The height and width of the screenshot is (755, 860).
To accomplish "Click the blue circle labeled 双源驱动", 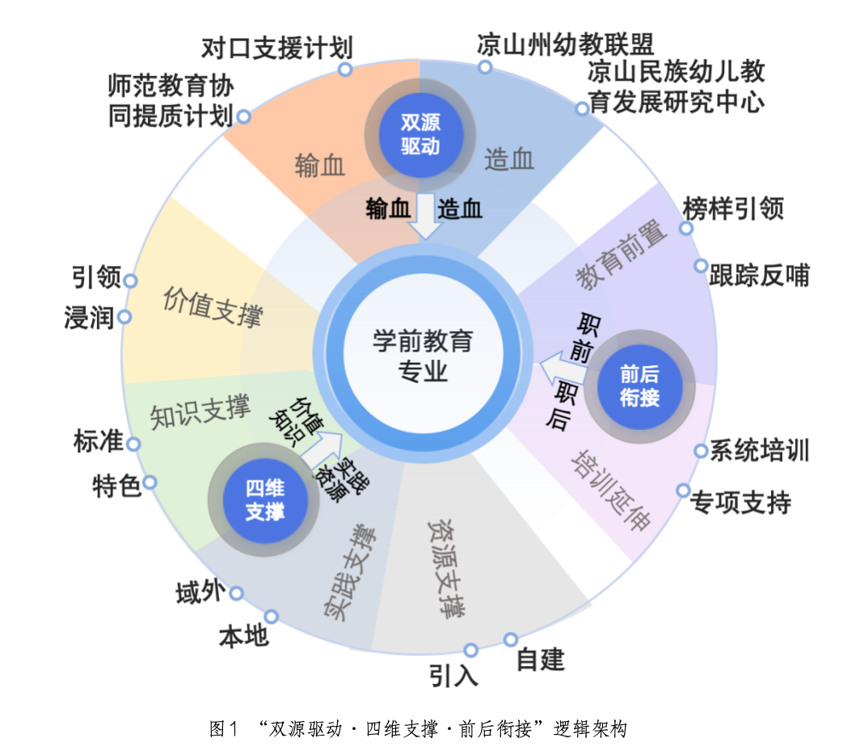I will [x=419, y=134].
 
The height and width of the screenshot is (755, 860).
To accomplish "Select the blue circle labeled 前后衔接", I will [x=639, y=386].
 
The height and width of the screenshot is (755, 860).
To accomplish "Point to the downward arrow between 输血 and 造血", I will [x=424, y=217].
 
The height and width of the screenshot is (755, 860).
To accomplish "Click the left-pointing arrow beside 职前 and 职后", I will [x=558, y=369].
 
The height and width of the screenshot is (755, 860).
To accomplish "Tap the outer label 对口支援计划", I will [x=276, y=48].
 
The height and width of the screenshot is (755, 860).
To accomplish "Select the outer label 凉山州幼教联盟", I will [x=564, y=43].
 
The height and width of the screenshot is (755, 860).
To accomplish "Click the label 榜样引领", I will [x=733, y=209].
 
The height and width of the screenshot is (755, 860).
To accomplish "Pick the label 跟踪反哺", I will [x=758, y=276].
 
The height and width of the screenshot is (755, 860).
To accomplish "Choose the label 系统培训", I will [x=759, y=450].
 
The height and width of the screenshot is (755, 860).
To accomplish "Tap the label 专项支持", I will [x=740, y=502].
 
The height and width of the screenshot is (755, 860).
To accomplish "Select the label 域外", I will [x=198, y=593].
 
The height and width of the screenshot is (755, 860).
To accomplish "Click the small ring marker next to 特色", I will [x=150, y=483].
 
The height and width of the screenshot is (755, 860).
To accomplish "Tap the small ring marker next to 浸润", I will [x=124, y=316].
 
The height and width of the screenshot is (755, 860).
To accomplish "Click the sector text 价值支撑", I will [x=213, y=306].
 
